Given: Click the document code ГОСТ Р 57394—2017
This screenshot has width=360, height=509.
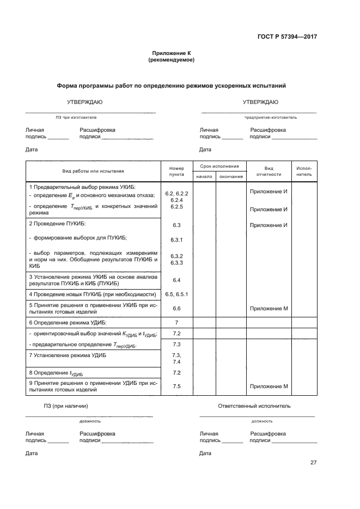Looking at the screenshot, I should click(x=287, y=36).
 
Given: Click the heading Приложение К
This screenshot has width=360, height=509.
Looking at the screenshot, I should click(x=171, y=53).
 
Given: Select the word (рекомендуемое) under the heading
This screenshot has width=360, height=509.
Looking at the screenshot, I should click(x=171, y=60).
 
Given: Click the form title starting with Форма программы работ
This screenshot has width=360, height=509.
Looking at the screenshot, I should click(x=171, y=86).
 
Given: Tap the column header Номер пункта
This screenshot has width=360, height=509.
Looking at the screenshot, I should click(x=176, y=171).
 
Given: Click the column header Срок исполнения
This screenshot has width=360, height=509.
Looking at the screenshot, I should click(x=219, y=166).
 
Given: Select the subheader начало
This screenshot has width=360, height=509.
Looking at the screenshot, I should click(x=204, y=177).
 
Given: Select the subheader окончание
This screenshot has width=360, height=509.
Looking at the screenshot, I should click(x=231, y=177).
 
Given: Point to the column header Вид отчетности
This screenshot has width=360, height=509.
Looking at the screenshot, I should click(x=269, y=171).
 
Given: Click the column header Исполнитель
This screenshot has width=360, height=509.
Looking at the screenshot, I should click(x=304, y=171).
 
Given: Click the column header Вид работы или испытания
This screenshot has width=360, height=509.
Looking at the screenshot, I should click(x=93, y=171).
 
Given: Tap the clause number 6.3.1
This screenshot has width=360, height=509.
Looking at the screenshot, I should click(x=176, y=240).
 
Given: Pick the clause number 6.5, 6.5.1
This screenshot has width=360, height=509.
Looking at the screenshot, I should click(x=176, y=294).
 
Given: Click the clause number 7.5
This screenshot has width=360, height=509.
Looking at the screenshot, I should click(x=176, y=386).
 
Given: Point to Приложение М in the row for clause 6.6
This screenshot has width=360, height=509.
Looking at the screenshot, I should click(x=269, y=309).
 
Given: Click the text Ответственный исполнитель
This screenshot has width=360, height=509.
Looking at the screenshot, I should click(x=254, y=406).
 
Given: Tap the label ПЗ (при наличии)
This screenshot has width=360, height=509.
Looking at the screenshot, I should click(x=66, y=406).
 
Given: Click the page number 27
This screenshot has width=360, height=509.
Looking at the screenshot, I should click(x=313, y=463).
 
